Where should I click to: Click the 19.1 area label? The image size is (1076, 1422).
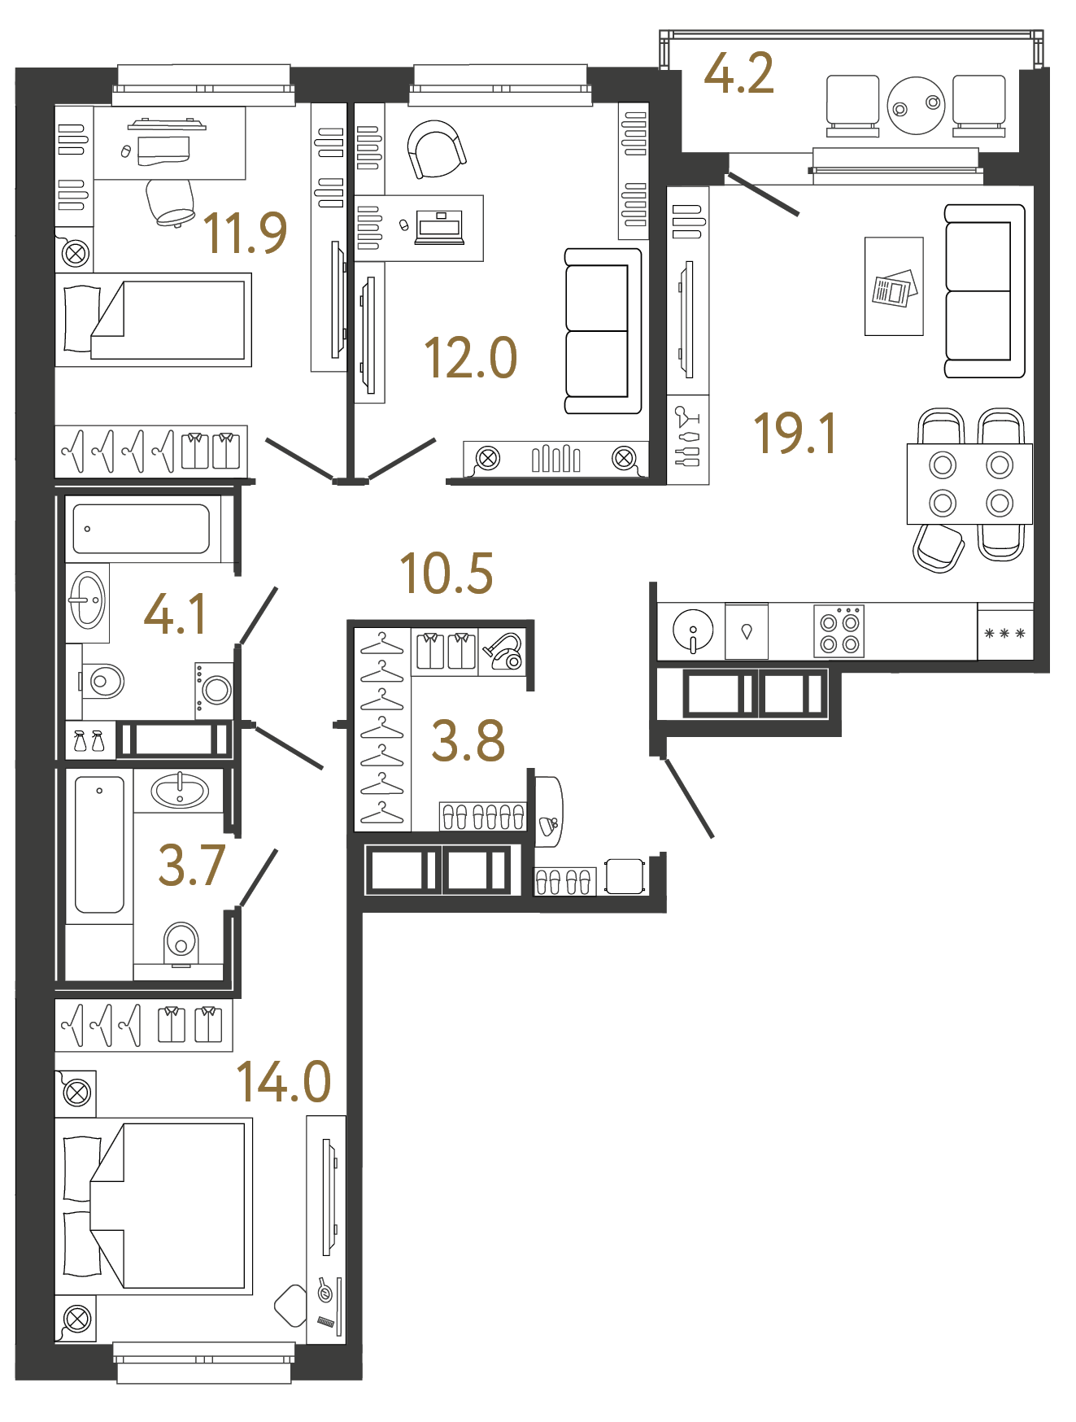[795, 434]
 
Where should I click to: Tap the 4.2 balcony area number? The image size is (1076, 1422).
[738, 75]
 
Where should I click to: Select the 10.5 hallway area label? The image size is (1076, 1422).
[447, 574]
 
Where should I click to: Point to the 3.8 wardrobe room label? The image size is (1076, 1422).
[468, 741]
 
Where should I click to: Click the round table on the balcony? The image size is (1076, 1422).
[916, 106]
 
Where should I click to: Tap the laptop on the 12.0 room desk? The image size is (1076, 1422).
[439, 227]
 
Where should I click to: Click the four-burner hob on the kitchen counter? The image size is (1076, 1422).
[839, 632]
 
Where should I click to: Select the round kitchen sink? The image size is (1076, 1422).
[693, 630]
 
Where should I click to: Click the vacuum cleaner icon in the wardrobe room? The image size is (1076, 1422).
[504, 652]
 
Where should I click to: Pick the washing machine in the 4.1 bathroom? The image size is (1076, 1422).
[215, 690]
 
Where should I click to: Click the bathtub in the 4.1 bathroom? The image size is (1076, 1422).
[142, 529]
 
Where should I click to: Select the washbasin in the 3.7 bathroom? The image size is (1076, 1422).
[180, 791]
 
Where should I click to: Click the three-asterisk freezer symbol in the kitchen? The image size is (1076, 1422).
[1004, 633]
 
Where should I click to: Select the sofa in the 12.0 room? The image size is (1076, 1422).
[603, 331]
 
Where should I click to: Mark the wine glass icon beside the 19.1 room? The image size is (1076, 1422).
[687, 417]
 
